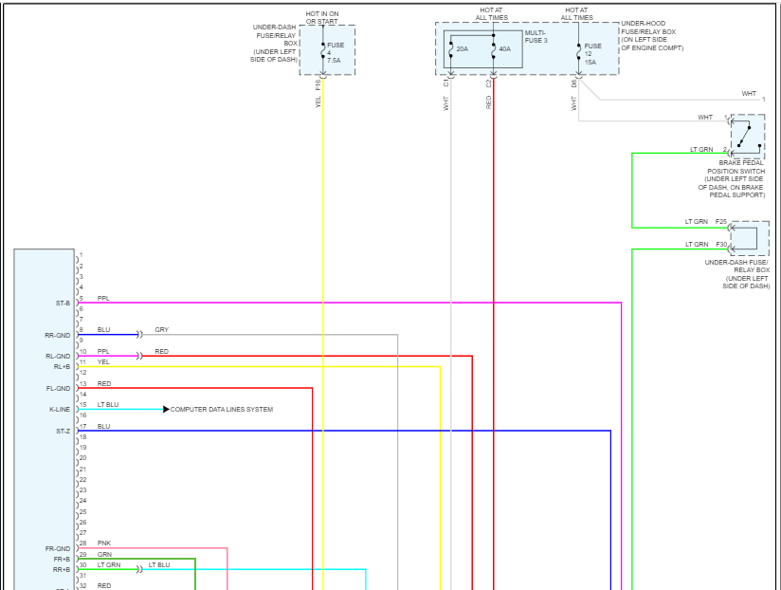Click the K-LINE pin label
click(60, 410)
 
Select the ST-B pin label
click(63, 303)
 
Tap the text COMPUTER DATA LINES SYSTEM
click(222, 410)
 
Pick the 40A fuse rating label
click(504, 49)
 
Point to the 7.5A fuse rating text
click(334, 60)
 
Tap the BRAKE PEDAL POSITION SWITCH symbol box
click(748, 137)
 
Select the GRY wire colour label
click(161, 329)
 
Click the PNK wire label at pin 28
click(103, 544)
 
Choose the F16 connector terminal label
click(318, 83)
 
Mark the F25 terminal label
click(721, 222)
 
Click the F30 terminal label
click(721, 245)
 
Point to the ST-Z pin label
click(63, 431)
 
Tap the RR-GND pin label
click(58, 335)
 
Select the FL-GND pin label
click(58, 388)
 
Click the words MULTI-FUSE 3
click(536, 36)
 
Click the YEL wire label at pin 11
click(103, 361)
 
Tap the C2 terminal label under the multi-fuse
click(490, 83)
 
